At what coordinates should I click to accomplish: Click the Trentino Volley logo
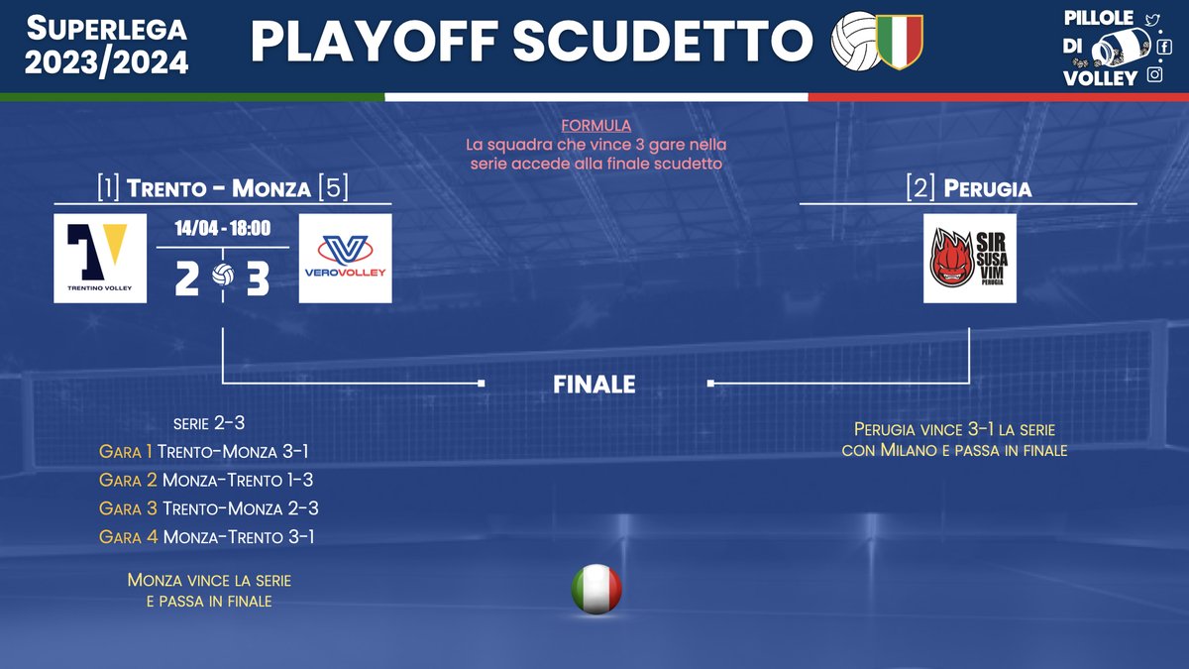coord(100,258)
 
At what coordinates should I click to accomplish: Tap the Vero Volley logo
coord(346,258)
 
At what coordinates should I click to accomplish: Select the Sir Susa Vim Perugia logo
coord(969,258)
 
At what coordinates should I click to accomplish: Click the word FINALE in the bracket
coord(594,385)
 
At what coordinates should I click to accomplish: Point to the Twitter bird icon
coord(1151,19)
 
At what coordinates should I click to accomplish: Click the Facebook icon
coord(1164,47)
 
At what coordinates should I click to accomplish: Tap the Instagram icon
coord(1154,75)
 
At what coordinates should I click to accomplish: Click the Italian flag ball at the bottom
coord(596,589)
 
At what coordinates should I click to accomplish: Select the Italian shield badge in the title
coord(900,42)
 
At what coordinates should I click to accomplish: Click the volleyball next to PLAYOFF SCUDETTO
coord(853,42)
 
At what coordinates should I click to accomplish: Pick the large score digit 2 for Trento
coord(186,280)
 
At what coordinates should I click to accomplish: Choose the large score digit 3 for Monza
coord(258,280)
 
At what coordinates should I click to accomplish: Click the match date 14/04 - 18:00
coord(222,228)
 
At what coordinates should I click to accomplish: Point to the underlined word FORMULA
coord(595,126)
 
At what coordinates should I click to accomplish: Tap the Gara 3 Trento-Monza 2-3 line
coord(209,508)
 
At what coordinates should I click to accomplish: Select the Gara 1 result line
coord(204,452)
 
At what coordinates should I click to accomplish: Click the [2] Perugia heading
coord(968,188)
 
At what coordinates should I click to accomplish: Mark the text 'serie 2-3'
coord(208,423)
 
